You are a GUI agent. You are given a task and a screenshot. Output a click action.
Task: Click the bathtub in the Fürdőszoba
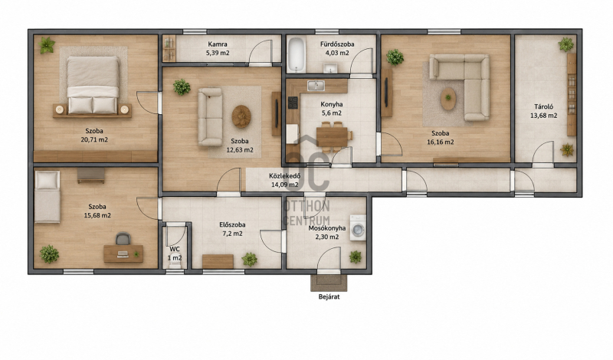(297, 54)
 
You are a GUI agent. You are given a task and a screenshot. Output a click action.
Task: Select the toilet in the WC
(175, 264)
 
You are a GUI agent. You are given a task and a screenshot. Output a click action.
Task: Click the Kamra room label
(218, 44)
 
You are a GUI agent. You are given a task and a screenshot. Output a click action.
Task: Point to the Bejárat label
(329, 296)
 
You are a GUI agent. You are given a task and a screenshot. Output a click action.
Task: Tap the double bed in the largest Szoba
(93, 85)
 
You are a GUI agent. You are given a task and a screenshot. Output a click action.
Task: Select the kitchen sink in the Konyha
(316, 86)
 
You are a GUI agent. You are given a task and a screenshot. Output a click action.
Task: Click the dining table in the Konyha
(332, 136)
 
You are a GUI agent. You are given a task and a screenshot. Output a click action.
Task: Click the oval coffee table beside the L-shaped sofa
(448, 99)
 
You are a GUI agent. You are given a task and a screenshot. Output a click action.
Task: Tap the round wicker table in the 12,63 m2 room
(241, 116)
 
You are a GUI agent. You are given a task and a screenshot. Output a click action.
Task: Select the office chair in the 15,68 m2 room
(123, 239)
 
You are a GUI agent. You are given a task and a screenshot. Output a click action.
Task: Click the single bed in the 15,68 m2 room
(48, 197)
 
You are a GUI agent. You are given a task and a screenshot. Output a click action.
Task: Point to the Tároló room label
(544, 106)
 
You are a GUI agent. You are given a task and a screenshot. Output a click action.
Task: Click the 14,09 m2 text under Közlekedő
(285, 185)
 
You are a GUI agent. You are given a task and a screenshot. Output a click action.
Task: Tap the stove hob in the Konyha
(293, 103)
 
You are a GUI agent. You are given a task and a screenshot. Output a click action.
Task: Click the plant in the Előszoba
(250, 259)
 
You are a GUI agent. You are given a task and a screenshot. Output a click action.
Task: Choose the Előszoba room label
(232, 224)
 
